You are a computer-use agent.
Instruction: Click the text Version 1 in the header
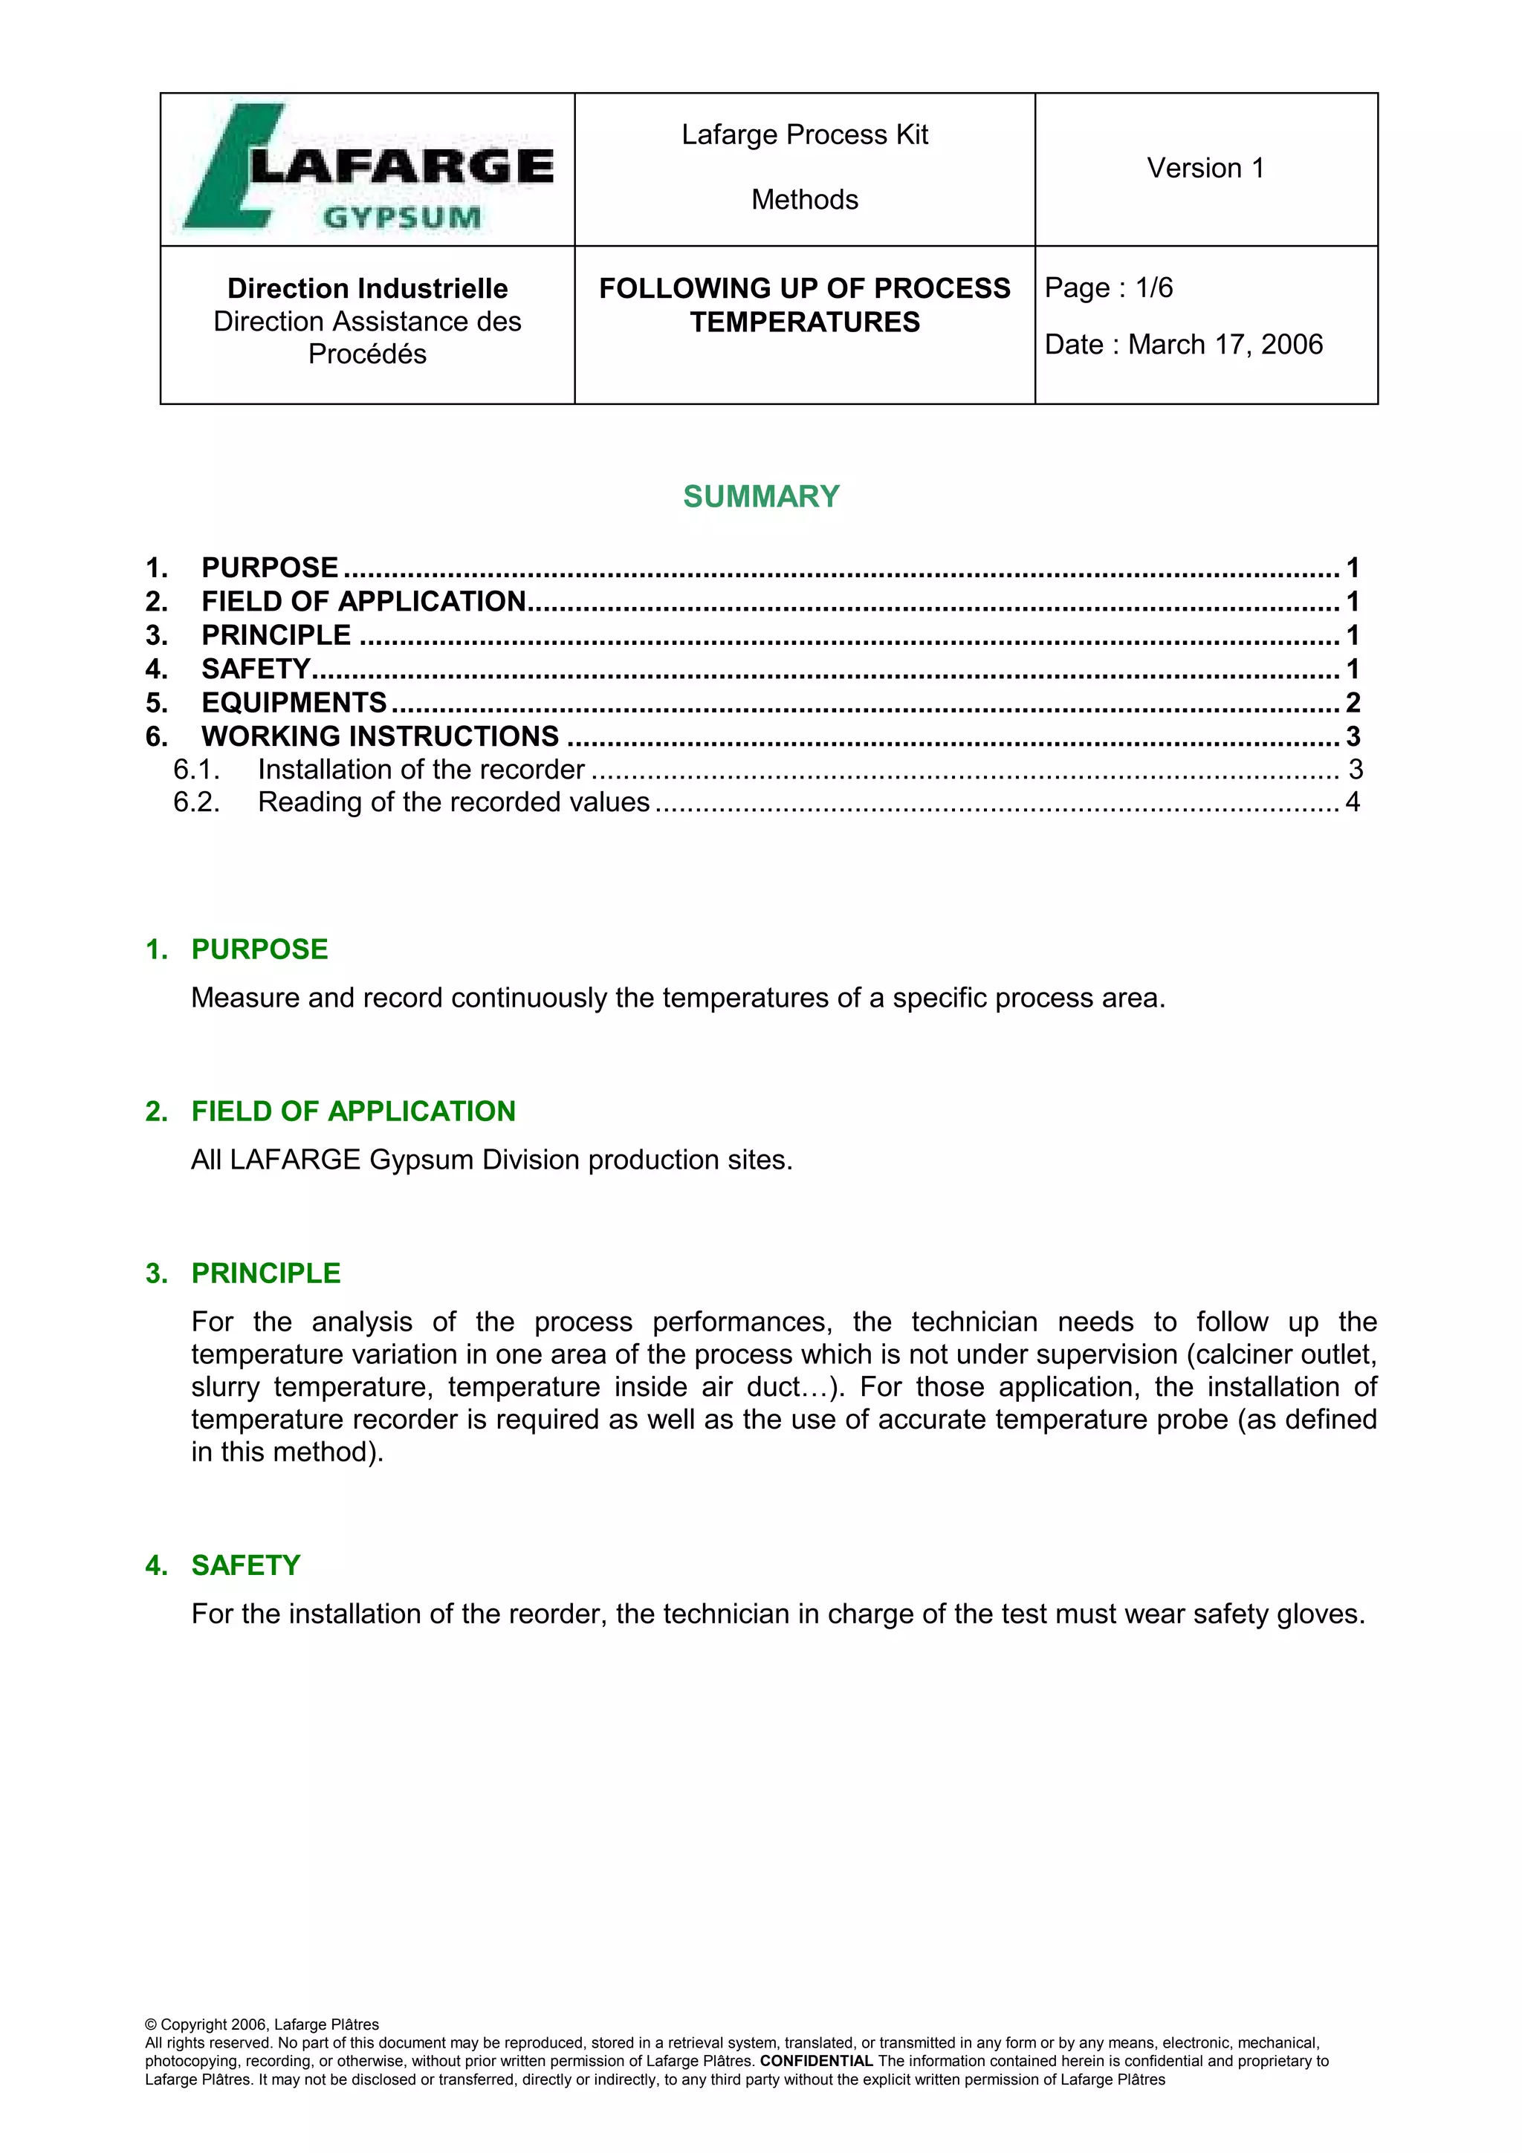tap(1205, 168)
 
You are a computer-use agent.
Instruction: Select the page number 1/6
tap(1153, 288)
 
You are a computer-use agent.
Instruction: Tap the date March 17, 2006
tap(1225, 345)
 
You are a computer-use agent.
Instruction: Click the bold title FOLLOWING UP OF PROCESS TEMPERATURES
tap(805, 305)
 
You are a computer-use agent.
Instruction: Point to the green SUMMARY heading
tap(760, 496)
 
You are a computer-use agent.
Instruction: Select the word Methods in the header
tap(805, 200)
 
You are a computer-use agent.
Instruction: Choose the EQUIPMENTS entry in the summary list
tap(294, 702)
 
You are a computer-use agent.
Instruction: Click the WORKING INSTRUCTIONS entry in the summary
tap(380, 736)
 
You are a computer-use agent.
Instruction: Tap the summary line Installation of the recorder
tap(421, 770)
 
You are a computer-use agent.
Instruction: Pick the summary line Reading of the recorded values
tap(454, 802)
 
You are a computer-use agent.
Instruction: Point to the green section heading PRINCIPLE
tap(266, 1273)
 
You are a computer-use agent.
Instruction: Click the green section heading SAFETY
tap(246, 1565)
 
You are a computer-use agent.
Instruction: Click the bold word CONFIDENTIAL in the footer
tap(816, 2061)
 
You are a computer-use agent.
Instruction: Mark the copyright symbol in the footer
tap(151, 2024)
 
